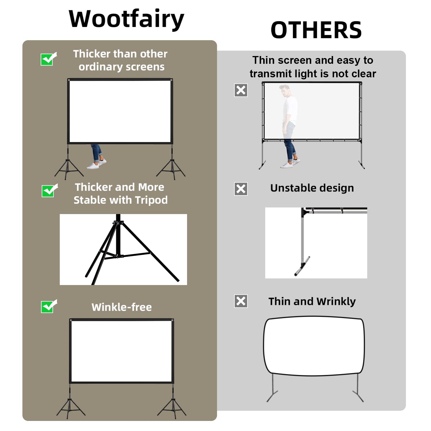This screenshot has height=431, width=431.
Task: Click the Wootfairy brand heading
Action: click(x=126, y=19)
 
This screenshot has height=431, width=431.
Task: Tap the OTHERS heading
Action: click(x=316, y=30)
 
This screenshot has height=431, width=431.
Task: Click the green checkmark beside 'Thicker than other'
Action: click(x=48, y=59)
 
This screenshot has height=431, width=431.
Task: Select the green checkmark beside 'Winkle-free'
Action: click(x=48, y=307)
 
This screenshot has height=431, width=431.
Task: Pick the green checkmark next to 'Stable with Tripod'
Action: click(x=49, y=191)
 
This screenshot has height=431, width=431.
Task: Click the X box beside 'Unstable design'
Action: click(x=241, y=189)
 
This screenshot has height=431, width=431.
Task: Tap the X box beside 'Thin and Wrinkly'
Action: click(x=241, y=301)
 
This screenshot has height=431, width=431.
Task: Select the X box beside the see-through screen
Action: click(x=241, y=90)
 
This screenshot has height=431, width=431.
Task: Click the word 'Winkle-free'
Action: click(x=122, y=307)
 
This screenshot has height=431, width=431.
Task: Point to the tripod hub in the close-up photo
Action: click(x=118, y=223)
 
